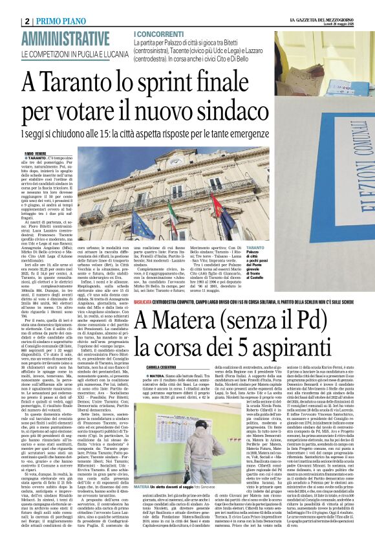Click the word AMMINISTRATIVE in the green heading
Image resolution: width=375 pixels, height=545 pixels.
point(65,38)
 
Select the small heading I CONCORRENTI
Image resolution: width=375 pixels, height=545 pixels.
point(155,32)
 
